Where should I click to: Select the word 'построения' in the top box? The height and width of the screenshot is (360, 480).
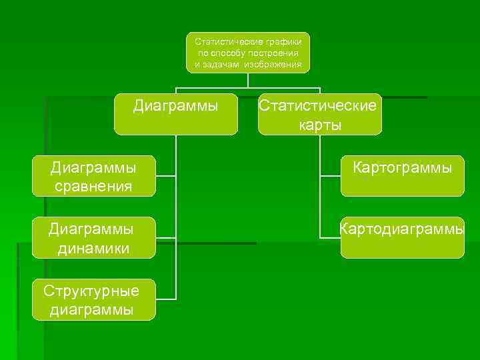click(x=273, y=53)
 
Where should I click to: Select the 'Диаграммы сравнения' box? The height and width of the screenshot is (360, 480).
click(x=93, y=176)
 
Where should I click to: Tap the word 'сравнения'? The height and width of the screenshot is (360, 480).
click(x=93, y=186)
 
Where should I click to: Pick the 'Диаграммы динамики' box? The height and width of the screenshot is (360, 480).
click(x=93, y=237)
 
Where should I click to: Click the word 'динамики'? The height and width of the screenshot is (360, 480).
click(x=93, y=249)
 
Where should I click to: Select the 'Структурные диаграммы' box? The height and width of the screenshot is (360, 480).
click(x=93, y=299)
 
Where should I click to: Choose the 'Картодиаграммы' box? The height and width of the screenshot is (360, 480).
click(x=402, y=237)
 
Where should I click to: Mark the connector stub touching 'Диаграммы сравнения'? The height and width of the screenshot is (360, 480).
click(x=166, y=177)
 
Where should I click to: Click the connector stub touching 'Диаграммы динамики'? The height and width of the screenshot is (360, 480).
click(x=166, y=237)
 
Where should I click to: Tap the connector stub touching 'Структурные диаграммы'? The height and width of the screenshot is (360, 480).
click(x=166, y=299)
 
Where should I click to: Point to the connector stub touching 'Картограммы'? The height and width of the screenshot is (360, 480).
click(x=330, y=177)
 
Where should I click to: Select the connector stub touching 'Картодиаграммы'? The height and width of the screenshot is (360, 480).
click(x=330, y=237)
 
